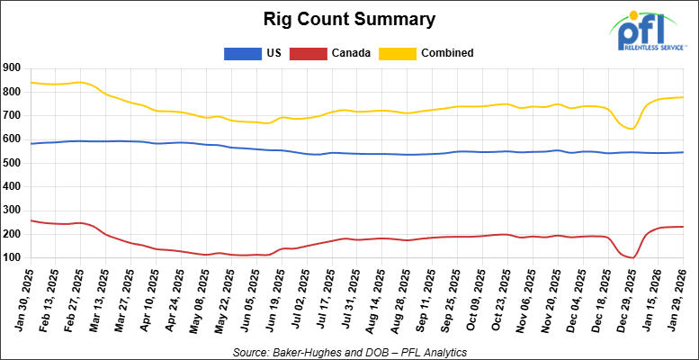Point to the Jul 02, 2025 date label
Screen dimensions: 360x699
tap(296, 297)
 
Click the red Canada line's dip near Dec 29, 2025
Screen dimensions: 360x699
tap(633, 257)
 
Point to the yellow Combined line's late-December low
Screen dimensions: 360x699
tap(632, 129)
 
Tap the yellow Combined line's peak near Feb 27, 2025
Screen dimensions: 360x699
tap(80, 82)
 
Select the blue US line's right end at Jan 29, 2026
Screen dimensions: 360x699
tap(683, 152)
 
